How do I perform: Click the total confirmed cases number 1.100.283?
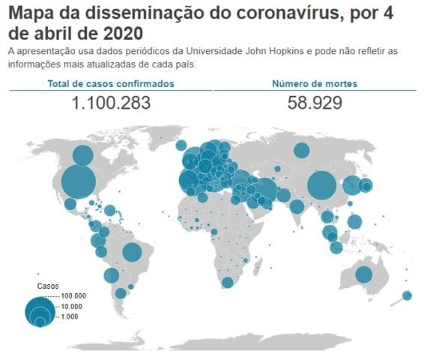pos(111,103)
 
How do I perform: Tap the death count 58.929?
pos(315,103)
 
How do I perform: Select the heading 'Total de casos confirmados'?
pos(111,84)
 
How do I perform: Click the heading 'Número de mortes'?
pos(315,84)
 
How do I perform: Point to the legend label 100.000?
pos(73,295)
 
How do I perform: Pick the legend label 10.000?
pos(72,307)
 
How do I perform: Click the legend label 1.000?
pos(70,316)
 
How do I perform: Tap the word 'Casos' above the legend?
pos(48,286)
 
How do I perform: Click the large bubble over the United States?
pos(79,182)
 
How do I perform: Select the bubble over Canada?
pos(83,155)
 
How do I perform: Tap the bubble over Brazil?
pos(132,252)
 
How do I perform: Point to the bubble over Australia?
pos(364,274)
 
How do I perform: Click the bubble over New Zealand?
pos(407,295)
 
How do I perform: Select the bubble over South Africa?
pos(228,282)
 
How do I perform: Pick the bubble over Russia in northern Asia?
pos(301,150)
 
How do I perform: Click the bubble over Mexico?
pos(70,204)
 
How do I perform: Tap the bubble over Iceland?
pos(181,145)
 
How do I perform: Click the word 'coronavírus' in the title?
pos(288,13)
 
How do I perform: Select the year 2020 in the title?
pos(123,33)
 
